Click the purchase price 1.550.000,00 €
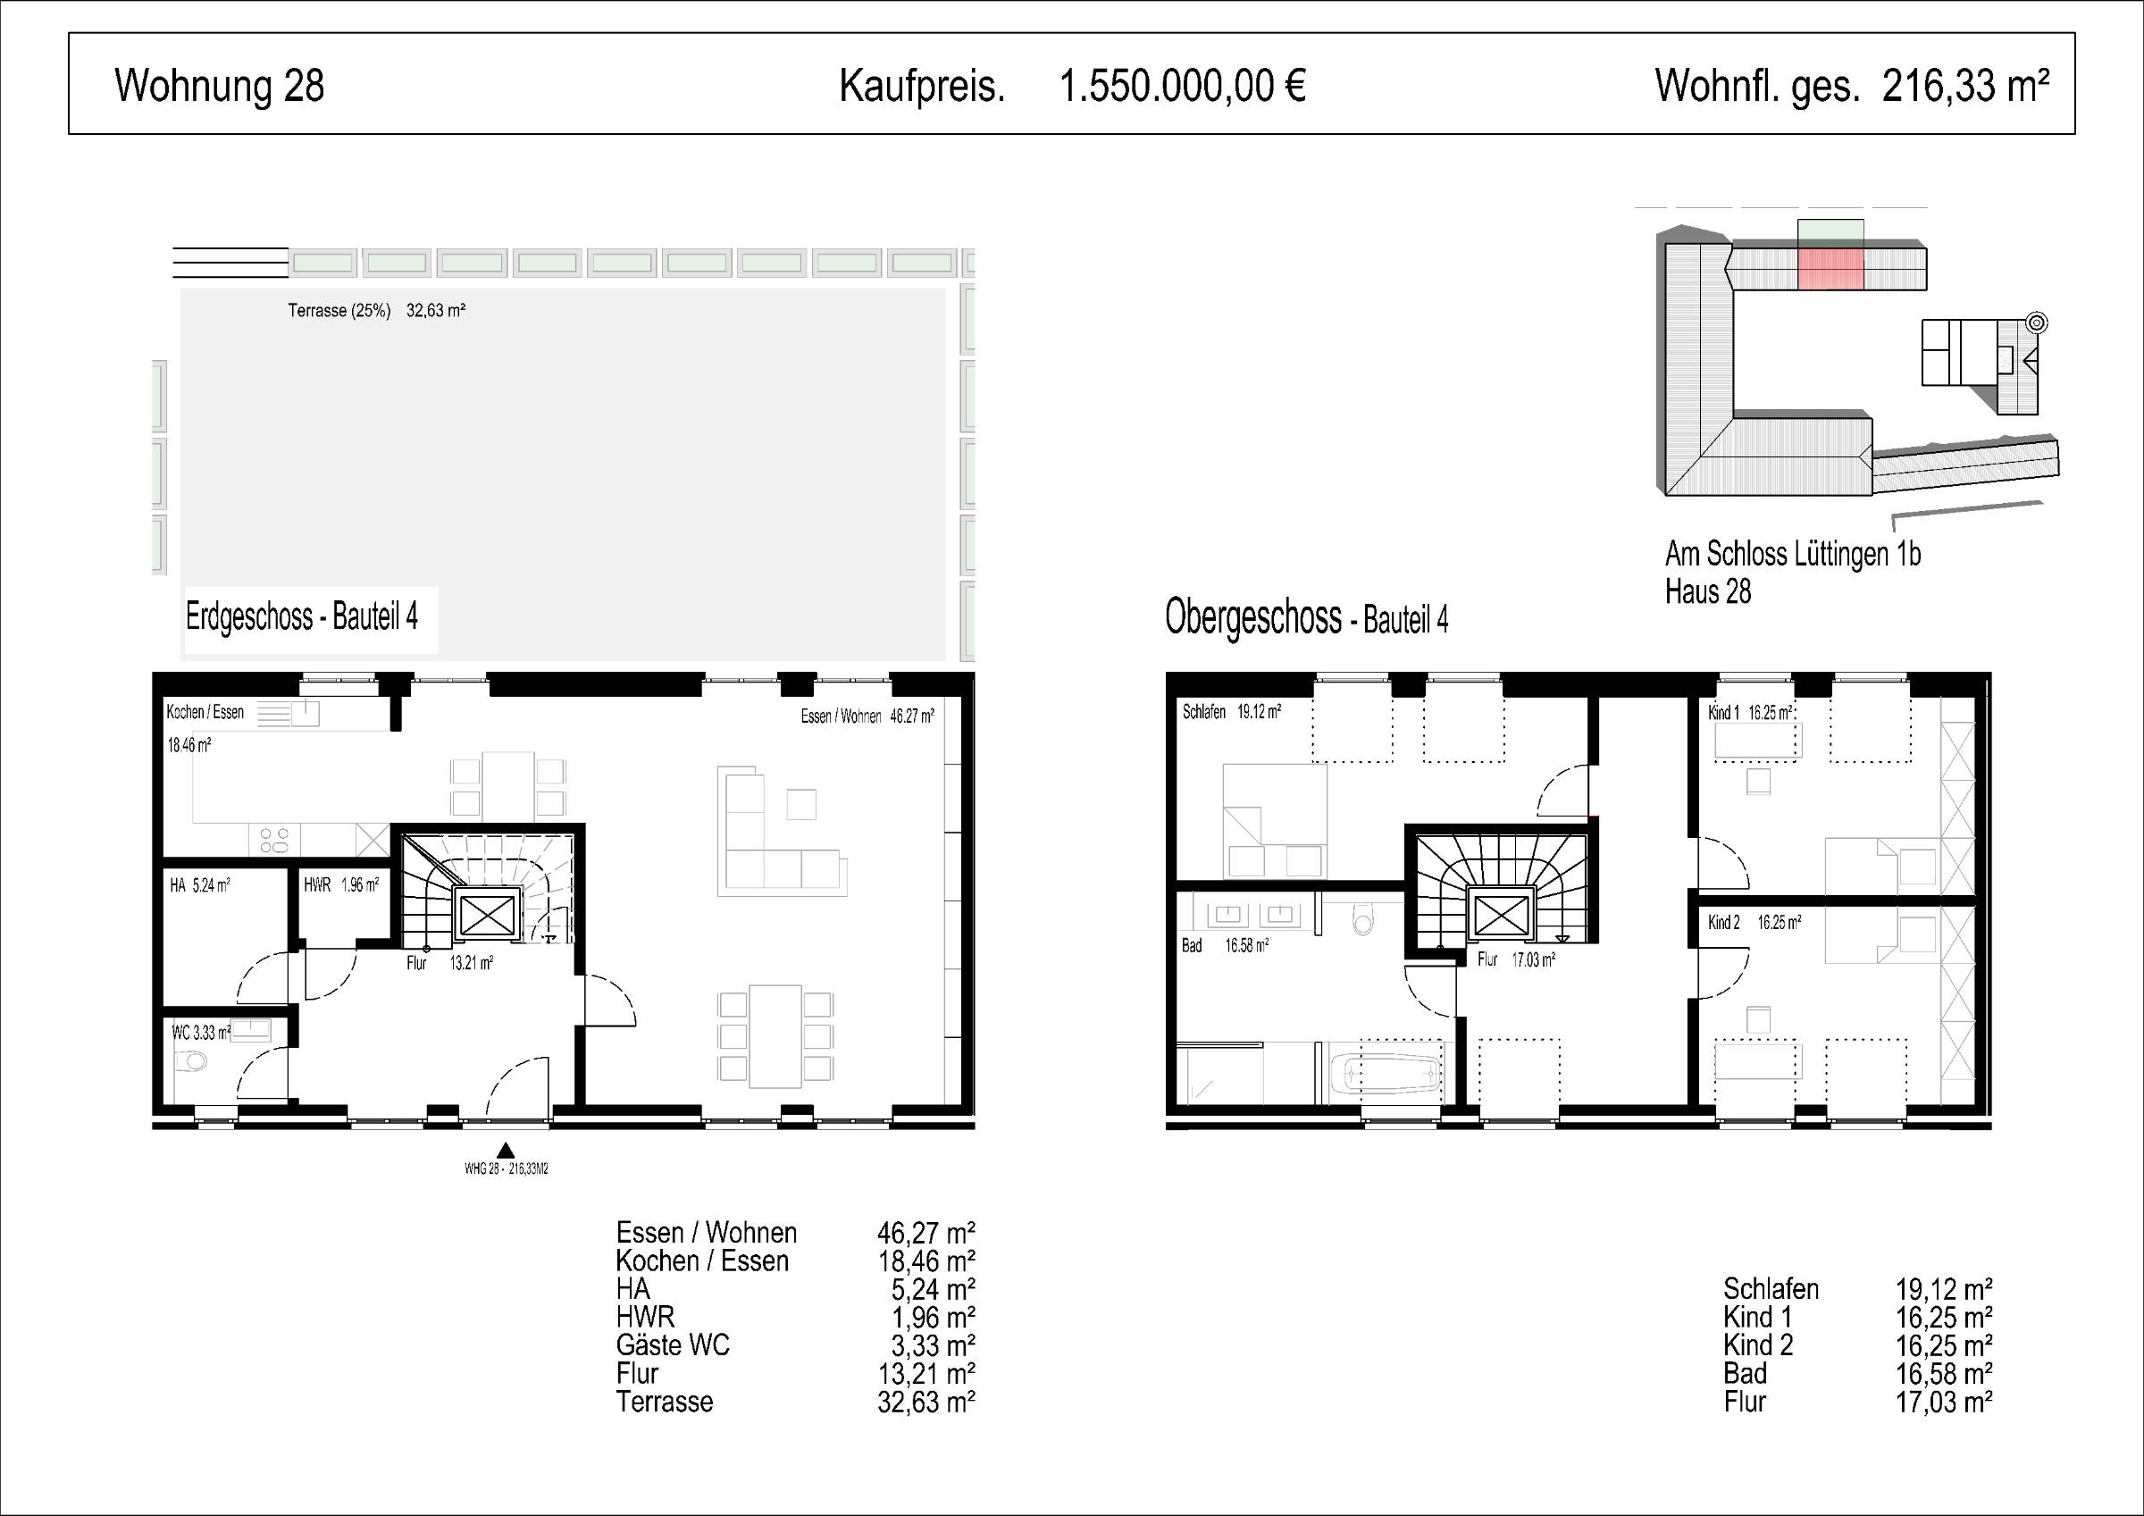click(x=1182, y=86)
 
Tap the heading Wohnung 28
click(x=220, y=85)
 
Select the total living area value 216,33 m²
click(x=1965, y=85)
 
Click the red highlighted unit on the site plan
click(x=1830, y=268)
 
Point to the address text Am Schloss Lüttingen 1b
click(x=1792, y=554)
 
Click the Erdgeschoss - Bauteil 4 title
click(x=302, y=616)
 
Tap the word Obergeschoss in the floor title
click(x=1252, y=617)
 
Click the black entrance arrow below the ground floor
click(x=506, y=1150)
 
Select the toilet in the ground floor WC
click(x=191, y=1061)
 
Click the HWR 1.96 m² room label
click(x=341, y=884)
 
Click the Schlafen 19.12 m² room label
click(x=1232, y=712)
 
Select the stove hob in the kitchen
click(x=273, y=840)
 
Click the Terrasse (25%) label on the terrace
click(x=339, y=311)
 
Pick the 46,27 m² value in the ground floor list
click(x=925, y=1233)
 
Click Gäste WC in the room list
click(x=673, y=1345)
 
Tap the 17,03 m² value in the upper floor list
click(x=1944, y=1401)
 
